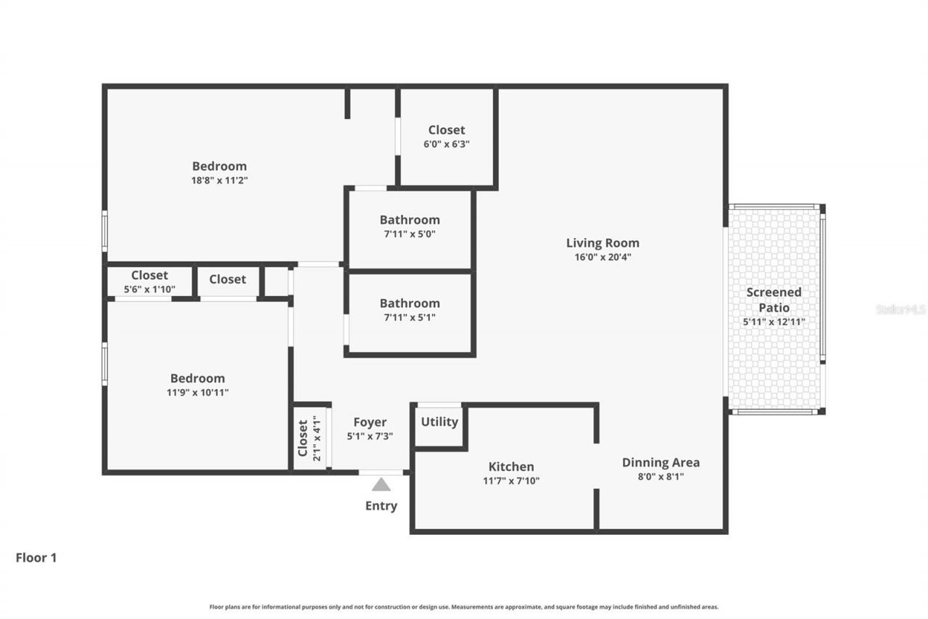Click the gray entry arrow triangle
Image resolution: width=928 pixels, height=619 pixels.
coord(381,485)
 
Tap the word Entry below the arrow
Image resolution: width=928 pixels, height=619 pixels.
coord(381,506)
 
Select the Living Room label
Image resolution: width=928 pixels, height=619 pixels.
coord(602,243)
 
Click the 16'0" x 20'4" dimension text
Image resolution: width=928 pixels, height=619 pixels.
coord(602,257)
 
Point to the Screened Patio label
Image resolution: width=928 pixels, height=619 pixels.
coord(774,299)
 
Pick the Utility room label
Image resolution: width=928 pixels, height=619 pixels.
coord(439,422)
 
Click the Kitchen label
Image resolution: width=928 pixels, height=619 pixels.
coord(511,467)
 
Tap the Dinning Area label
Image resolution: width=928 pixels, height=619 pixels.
coord(660,462)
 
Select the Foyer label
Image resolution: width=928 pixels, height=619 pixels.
coord(370,422)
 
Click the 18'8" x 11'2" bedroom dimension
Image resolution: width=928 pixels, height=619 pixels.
coord(219,180)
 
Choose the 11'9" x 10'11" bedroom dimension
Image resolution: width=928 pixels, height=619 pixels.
coord(197,392)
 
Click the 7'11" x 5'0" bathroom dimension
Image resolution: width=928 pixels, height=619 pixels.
coord(410,234)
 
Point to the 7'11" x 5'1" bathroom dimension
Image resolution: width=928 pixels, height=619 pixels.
coord(410,317)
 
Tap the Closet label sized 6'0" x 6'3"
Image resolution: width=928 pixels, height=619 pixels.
coord(447,130)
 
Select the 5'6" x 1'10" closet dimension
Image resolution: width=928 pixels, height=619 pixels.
coord(149,289)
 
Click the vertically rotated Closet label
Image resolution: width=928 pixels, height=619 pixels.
coord(303,438)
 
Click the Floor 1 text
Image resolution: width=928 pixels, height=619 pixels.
coord(36,558)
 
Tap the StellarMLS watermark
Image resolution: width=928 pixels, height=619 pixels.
coord(901,309)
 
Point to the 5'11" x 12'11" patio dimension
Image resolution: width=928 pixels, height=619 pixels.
coord(774,321)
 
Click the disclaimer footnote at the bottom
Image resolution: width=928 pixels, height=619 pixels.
coord(464,607)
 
